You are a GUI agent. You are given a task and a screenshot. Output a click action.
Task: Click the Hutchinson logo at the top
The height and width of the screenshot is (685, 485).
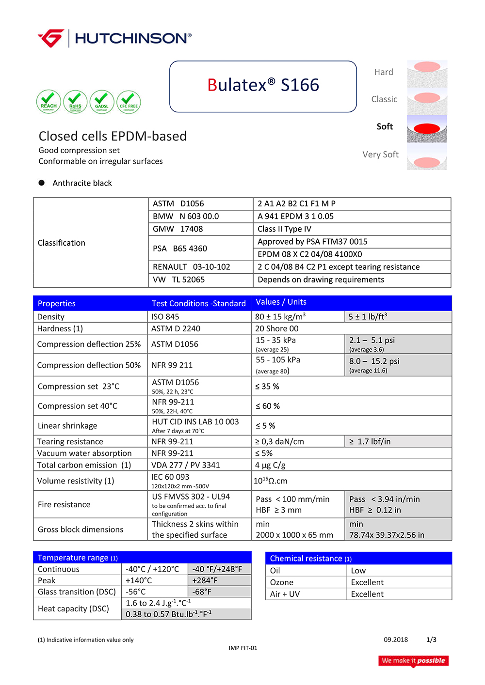(x=114, y=38)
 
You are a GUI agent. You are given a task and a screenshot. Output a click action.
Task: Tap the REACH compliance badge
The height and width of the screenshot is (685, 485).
(x=48, y=102)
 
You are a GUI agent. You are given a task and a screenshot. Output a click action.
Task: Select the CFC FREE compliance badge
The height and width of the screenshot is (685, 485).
(x=129, y=102)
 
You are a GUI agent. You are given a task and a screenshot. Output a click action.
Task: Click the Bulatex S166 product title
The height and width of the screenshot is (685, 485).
(x=263, y=85)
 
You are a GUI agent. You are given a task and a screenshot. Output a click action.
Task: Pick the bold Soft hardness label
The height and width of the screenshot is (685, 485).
(x=385, y=126)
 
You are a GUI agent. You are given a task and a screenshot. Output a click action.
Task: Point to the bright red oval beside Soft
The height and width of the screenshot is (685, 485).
(x=427, y=128)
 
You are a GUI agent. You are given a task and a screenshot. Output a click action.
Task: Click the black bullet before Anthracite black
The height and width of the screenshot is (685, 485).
(x=42, y=183)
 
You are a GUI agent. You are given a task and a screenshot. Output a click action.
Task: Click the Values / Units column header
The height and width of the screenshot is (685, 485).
(x=281, y=302)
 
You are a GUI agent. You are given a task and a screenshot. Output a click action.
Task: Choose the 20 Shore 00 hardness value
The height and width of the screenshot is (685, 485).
(x=277, y=328)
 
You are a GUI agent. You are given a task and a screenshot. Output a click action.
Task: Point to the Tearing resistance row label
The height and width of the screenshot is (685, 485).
(x=70, y=441)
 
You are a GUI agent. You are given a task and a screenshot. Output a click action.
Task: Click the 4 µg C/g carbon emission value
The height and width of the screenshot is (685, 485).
(x=270, y=465)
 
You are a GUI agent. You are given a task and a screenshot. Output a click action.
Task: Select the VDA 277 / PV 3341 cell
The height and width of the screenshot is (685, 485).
(x=186, y=465)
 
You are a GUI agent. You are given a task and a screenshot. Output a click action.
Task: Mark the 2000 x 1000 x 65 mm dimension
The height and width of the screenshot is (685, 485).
(x=294, y=535)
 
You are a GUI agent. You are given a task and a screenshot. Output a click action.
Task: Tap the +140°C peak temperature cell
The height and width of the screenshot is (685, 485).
(x=139, y=580)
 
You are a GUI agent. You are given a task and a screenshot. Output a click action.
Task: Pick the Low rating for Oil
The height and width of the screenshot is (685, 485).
(x=358, y=571)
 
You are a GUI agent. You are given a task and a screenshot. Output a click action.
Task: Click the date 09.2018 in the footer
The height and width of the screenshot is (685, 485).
(x=396, y=639)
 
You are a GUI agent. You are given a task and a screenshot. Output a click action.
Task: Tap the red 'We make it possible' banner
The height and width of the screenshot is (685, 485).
(x=413, y=661)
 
